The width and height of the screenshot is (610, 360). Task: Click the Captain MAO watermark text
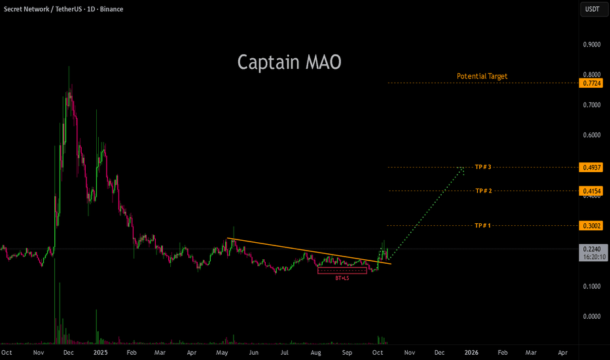tap(289, 62)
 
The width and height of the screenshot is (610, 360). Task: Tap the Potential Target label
tap(482, 77)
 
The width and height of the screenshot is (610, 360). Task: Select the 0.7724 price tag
tap(591, 83)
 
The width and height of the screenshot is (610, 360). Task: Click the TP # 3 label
tap(483, 167)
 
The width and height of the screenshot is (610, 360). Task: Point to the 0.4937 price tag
tap(591, 168)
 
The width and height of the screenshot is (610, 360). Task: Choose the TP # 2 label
tap(484, 190)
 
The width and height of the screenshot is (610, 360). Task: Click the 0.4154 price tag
tap(591, 191)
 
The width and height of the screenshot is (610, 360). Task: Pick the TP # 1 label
tap(483, 225)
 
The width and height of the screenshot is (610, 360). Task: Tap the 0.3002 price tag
tap(591, 226)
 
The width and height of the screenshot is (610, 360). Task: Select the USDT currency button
tap(592, 9)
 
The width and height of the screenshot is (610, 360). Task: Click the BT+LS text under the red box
tap(342, 278)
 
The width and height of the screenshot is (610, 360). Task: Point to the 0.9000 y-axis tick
tap(592, 45)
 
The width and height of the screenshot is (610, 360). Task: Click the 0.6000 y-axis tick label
tap(592, 135)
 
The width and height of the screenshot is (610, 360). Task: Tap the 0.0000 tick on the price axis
tap(592, 316)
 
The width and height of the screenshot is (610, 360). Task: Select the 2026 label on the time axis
tap(471, 353)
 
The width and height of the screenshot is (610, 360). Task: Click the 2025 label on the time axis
tap(100, 353)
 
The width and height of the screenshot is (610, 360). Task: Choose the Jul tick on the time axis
tap(284, 353)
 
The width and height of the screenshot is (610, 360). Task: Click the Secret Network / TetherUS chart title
tap(42, 9)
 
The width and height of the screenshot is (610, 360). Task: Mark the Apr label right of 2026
tap(562, 353)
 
